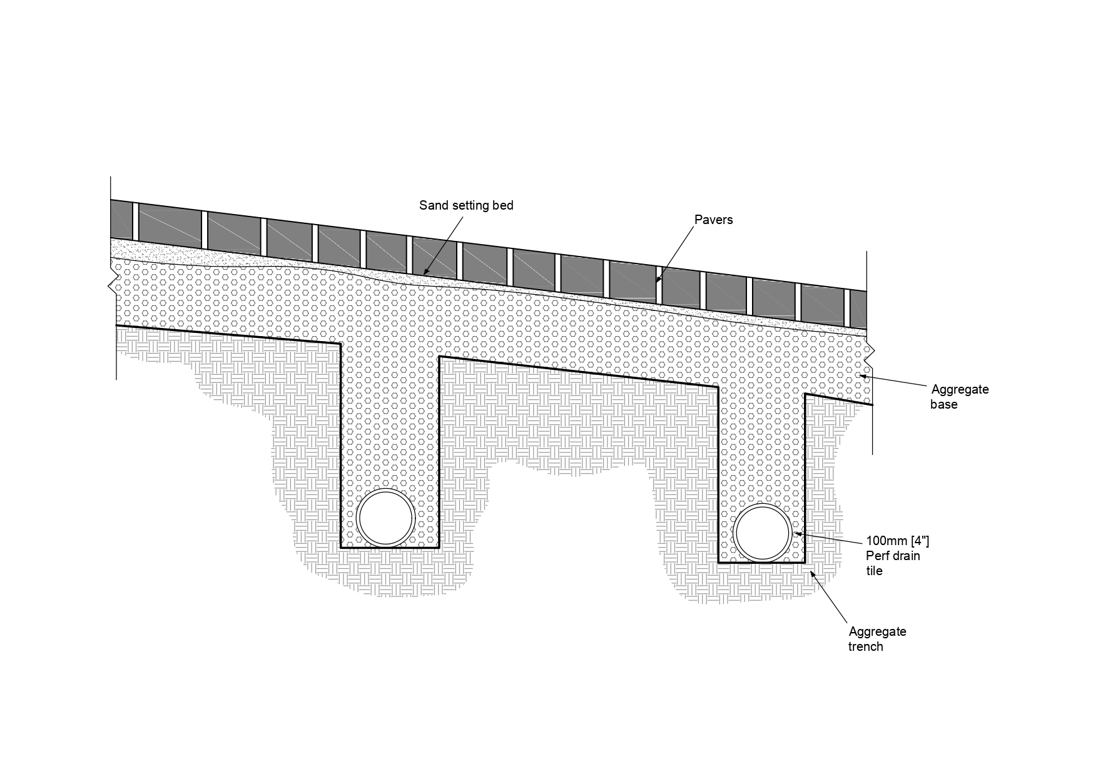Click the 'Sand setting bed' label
pos(466,206)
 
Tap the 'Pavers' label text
pos(713,220)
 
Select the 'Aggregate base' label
pos(959,397)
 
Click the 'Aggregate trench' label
pos(877,639)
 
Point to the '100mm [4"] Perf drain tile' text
pos(893,556)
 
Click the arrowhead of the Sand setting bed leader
pos(424,274)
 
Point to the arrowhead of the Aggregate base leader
pos(862,375)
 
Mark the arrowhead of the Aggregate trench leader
pos(812,573)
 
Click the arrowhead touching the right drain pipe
pos(795,534)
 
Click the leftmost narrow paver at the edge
pos(121,219)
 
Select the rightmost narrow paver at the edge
pos(858,310)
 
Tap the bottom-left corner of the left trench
pos(341,548)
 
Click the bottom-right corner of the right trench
pos(805,563)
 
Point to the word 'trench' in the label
pos(865,647)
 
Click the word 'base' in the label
pos(943,405)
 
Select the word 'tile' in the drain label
pos(874,571)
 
